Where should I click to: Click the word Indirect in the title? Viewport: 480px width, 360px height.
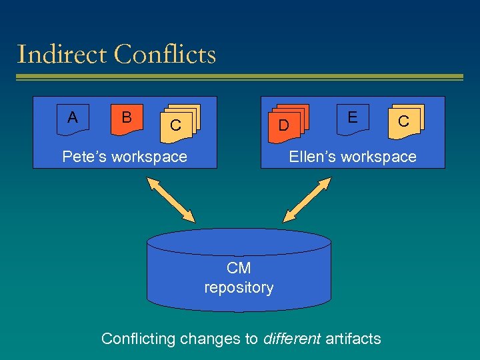click(x=62, y=54)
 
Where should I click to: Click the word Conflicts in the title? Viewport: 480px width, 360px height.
click(x=165, y=54)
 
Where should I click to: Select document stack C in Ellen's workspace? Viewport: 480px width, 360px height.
click(x=405, y=121)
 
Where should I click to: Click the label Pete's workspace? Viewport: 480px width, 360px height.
click(x=125, y=157)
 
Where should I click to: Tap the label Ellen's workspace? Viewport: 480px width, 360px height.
click(x=352, y=157)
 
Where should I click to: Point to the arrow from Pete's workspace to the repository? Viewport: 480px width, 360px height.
click(x=171, y=199)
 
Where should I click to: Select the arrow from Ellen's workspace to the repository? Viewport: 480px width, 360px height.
click(x=307, y=199)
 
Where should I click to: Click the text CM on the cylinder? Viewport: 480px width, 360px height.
click(x=239, y=268)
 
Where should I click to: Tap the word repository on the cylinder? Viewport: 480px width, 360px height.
click(x=239, y=287)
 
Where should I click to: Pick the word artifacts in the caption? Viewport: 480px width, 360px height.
click(x=353, y=339)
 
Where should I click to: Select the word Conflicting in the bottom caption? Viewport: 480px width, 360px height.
click(x=137, y=339)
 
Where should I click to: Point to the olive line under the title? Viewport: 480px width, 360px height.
click(x=240, y=77)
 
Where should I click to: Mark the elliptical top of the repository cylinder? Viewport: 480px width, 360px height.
click(x=239, y=241)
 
